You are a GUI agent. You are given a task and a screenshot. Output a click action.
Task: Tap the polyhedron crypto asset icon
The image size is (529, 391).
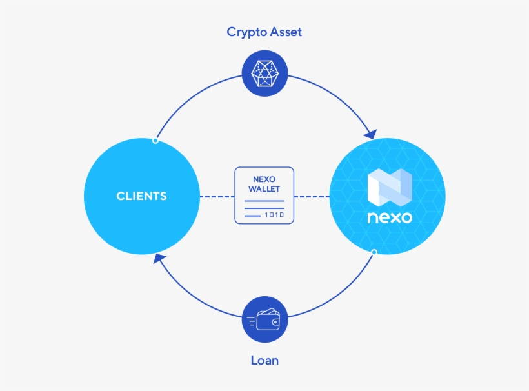[264, 74]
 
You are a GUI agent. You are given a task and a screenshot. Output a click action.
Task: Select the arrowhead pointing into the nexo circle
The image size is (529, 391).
[370, 134]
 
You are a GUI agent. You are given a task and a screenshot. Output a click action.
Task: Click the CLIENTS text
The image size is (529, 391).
[141, 196]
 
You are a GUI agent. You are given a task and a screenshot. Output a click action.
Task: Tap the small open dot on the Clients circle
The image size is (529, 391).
[155, 140]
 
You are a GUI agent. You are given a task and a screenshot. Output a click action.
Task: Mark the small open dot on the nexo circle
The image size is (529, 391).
[374, 252]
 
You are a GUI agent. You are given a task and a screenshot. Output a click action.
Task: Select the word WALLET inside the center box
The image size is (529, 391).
[264, 188]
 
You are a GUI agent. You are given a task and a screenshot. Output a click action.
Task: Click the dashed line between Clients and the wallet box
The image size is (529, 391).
[216, 196]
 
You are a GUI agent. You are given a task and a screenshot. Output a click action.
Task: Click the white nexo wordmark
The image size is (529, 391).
[389, 217]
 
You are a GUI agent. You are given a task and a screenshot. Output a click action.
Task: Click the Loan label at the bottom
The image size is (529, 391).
[264, 360]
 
